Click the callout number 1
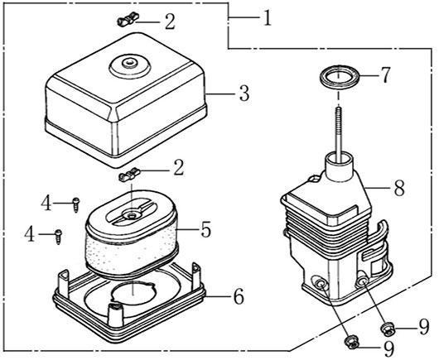pos(268,18)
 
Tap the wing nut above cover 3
pos(128,19)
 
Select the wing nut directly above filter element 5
pos(129,175)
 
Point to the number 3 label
pos(244,94)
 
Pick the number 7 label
pos(384,75)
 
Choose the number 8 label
pos(399,188)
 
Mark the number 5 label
pos(206,229)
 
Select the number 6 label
pos(239,296)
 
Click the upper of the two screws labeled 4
pos(76,204)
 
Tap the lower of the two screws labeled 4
pos(59,237)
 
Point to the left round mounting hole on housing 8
pos(320,285)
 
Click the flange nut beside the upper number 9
pos(388,329)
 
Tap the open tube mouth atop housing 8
pos(339,157)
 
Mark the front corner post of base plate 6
pos(115,314)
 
